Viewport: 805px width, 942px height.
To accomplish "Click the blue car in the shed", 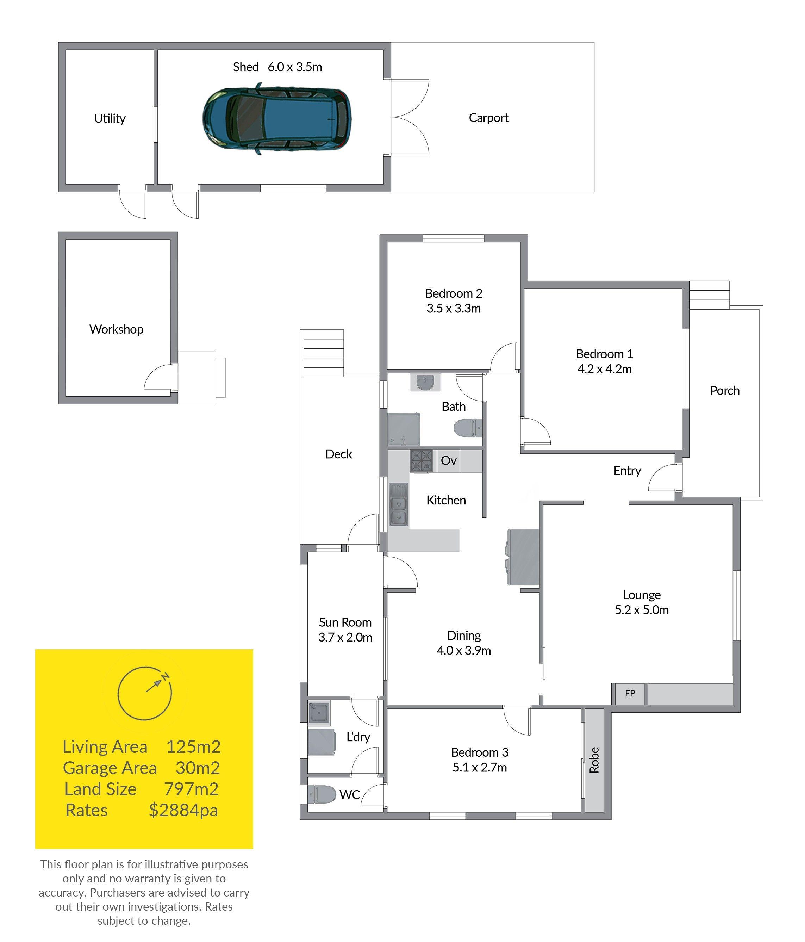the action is (277, 119).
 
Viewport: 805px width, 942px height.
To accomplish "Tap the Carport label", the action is (489, 118).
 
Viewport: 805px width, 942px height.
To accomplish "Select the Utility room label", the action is (110, 119).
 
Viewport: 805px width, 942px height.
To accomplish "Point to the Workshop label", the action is (116, 329).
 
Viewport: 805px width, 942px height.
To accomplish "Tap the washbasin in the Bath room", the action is (425, 382).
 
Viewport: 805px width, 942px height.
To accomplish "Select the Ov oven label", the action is (449, 460).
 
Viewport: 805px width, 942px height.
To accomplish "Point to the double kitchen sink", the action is (398, 504).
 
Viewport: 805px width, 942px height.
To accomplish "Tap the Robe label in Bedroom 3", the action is (594, 760).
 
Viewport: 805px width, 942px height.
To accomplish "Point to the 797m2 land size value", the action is (191, 789).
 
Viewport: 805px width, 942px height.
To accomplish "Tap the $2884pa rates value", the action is (183, 810).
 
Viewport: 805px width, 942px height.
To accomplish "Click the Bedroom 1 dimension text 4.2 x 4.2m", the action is (605, 369).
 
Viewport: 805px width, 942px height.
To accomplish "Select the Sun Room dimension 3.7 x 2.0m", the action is (345, 637).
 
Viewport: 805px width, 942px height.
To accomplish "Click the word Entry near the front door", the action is (627, 471).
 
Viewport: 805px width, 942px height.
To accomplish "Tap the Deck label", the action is (339, 454).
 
